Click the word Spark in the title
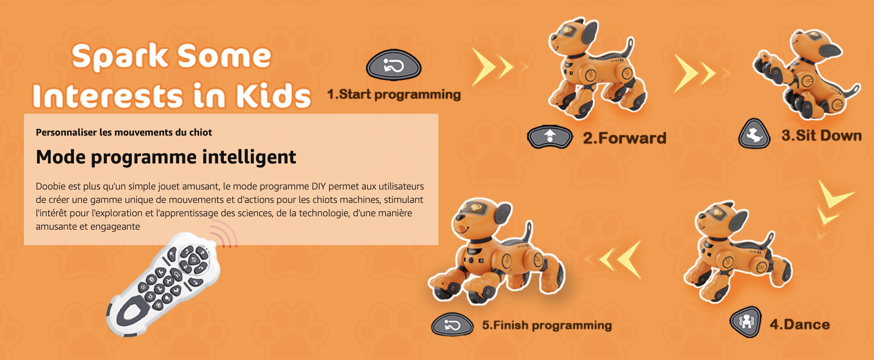120,56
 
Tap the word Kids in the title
273,96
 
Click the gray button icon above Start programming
394,66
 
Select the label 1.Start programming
394,94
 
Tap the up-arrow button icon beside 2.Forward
550,137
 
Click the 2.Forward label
624,138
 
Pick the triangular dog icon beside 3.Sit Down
754,134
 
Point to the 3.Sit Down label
821,136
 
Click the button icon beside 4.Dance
746,322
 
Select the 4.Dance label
800,324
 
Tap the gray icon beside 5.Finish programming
452,324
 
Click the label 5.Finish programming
547,325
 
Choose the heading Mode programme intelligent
166,157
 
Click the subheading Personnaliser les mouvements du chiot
124,132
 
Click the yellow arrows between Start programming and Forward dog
497,67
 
